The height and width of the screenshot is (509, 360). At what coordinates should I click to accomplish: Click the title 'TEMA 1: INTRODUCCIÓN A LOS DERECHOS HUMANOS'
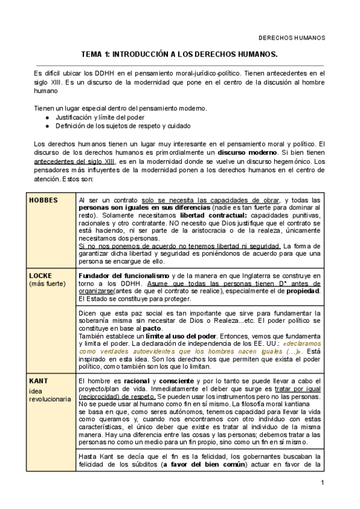179,54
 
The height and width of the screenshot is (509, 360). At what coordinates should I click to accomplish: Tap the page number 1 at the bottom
322,483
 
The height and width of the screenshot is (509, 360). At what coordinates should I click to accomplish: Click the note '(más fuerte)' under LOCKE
47,283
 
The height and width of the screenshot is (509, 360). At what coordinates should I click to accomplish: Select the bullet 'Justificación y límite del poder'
101,118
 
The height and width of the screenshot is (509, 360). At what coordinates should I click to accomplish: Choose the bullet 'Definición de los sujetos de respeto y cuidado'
123,126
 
